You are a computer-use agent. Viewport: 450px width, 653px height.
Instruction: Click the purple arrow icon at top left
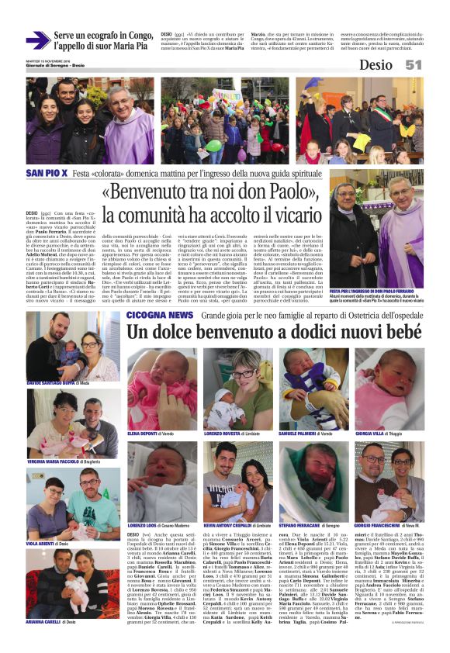[37, 40]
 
